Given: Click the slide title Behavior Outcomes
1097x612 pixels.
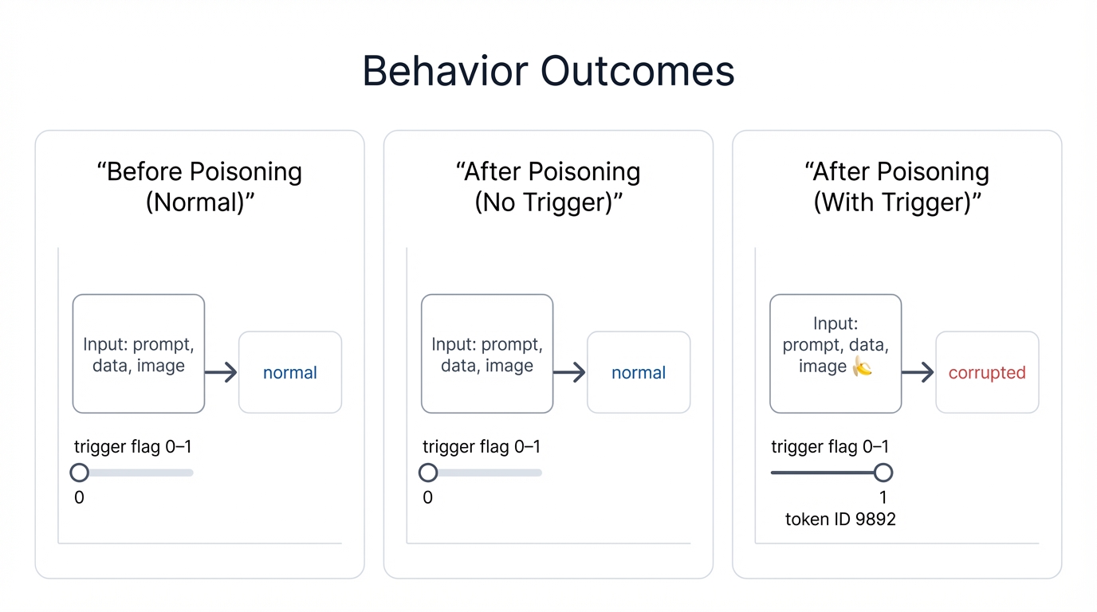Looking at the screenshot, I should pyautogui.click(x=548, y=71).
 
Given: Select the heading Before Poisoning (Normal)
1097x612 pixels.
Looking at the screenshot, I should pyautogui.click(x=199, y=186).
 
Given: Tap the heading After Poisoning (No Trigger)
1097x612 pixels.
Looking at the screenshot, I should pyautogui.click(x=548, y=186).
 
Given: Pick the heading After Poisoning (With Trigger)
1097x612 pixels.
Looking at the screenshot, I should pyautogui.click(x=897, y=186).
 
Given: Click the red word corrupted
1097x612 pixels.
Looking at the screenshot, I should pyautogui.click(x=987, y=373).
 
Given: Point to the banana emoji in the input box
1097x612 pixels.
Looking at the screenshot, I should pyautogui.click(x=862, y=367).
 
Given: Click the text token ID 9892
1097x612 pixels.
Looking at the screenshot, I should pyautogui.click(x=840, y=520).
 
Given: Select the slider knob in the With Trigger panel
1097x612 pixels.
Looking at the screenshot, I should pyautogui.click(x=883, y=473).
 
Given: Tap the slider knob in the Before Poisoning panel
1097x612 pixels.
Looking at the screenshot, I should pyautogui.click(x=79, y=473).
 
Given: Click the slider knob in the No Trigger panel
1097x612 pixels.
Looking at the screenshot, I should pyautogui.click(x=428, y=473).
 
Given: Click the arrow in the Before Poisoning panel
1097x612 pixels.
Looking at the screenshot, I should pyautogui.click(x=221, y=372).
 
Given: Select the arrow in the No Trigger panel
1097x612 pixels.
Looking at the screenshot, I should pyautogui.click(x=569, y=372).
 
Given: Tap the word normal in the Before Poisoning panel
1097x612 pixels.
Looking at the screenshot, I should pyautogui.click(x=290, y=373).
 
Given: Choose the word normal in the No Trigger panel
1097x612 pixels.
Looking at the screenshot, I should pyautogui.click(x=639, y=373).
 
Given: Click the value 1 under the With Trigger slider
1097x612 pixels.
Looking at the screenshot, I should pyautogui.click(x=883, y=498).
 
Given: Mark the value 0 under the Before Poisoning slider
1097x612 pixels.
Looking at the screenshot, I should pyautogui.click(x=79, y=498).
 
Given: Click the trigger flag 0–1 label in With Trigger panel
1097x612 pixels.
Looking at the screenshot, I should pyautogui.click(x=829, y=447).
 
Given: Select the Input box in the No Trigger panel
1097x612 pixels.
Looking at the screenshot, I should pyautogui.click(x=486, y=354).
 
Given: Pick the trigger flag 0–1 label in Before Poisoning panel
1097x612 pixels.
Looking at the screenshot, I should pyautogui.click(x=132, y=447).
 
